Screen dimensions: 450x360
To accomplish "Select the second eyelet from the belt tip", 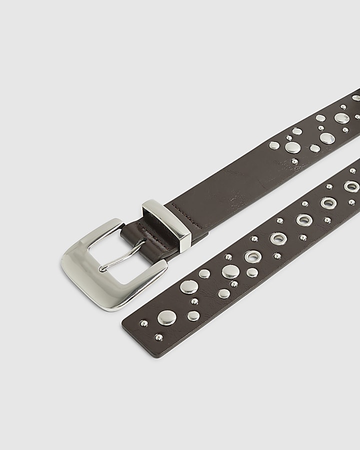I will click(276, 238).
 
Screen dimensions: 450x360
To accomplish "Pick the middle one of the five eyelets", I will click(303, 220).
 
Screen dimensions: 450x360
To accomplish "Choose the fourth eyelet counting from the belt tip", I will click(328, 202).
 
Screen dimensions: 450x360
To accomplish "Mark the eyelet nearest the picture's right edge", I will click(350, 186).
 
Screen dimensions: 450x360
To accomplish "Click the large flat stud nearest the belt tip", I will click(166, 317).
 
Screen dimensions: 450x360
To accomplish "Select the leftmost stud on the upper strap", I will click(274, 145).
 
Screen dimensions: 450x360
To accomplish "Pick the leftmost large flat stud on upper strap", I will click(292, 147).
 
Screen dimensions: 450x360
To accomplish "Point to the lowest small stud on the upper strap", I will click(294, 162).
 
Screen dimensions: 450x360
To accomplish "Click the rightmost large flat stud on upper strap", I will click(341, 118).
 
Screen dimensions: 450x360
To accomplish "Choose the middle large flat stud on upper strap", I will click(326, 138).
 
